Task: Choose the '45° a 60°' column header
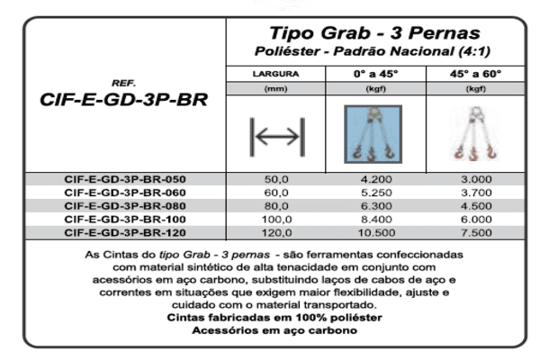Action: click(475, 73)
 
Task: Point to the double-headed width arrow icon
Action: click(276, 136)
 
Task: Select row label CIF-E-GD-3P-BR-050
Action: click(124, 179)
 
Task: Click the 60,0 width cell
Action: click(275, 192)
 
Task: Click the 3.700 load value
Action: click(475, 192)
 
